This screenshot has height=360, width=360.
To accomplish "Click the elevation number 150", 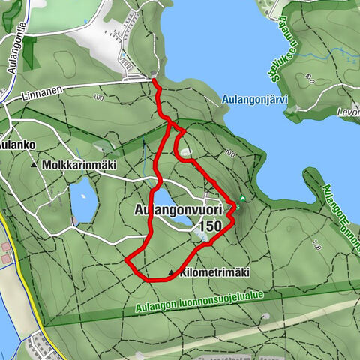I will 211,226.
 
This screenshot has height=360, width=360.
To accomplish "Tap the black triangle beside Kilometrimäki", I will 172,273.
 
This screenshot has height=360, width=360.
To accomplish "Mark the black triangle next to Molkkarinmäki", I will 34,164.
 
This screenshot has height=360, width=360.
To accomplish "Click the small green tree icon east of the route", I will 243,199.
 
